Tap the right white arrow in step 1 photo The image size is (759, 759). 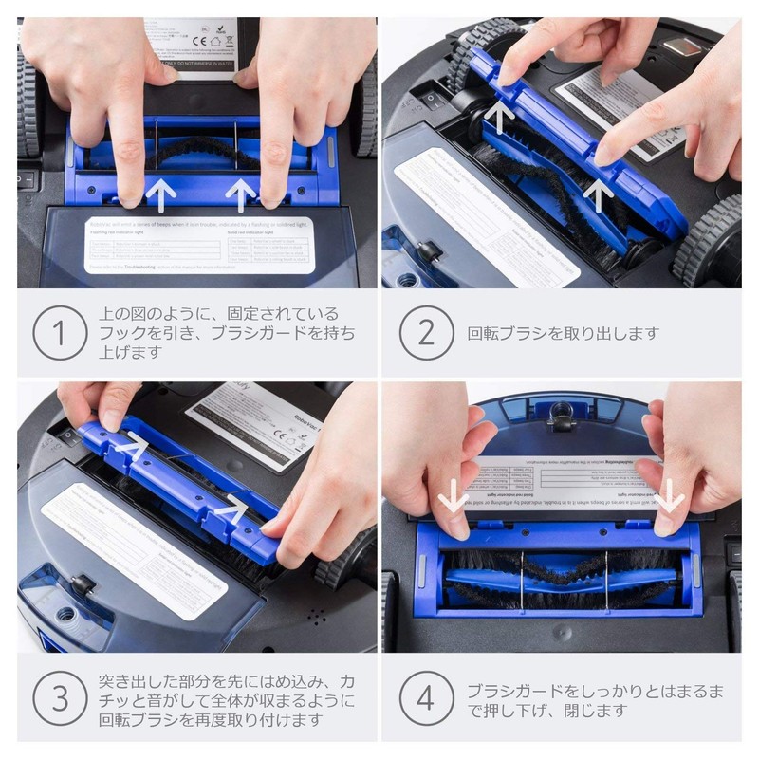coord(241,194)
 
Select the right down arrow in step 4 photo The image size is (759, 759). coord(672,494)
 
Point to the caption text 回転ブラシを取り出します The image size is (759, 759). coord(562,334)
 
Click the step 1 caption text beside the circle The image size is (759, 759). coord(228,333)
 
